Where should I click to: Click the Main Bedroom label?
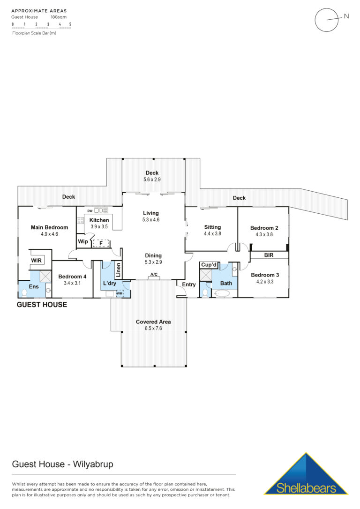(49, 227)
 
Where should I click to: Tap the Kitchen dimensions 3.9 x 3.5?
(99, 226)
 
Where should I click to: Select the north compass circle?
(327, 20)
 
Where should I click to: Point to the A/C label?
(154, 274)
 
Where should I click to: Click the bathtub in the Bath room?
(222, 293)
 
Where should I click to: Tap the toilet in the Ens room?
(24, 292)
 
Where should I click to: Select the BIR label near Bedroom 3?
(269, 255)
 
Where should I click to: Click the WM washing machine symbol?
(120, 293)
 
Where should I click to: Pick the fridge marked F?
(101, 243)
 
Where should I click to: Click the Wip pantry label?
(83, 241)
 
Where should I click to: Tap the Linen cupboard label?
(118, 270)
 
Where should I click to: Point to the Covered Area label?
(153, 322)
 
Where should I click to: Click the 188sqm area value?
(59, 17)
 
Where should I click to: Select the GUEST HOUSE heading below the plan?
(42, 305)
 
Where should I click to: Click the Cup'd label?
(209, 264)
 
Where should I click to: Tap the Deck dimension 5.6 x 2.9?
(152, 180)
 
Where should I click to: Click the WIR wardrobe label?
(37, 260)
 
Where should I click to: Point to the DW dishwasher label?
(90, 210)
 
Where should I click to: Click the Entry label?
(188, 284)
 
